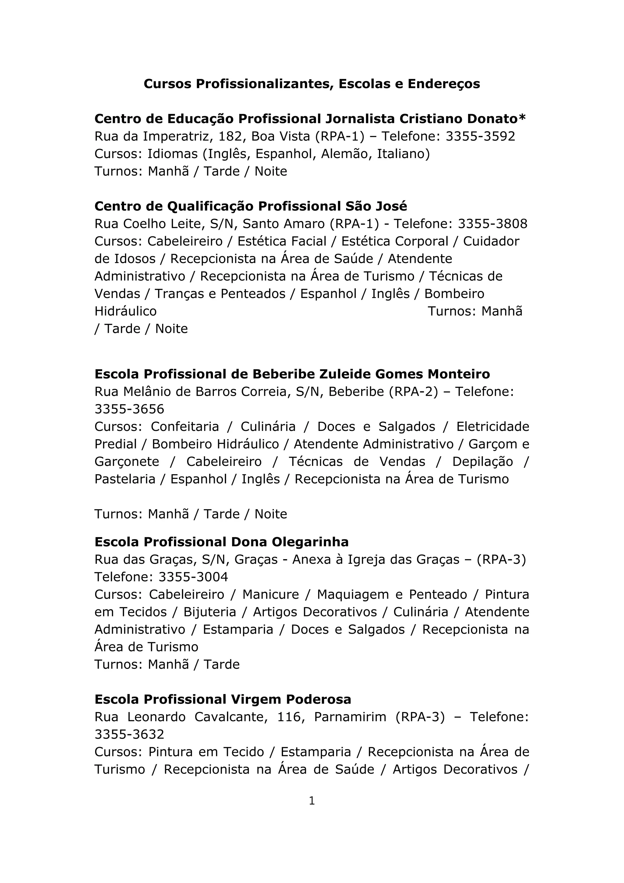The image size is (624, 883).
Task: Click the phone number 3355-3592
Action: pyautogui.click(x=480, y=137)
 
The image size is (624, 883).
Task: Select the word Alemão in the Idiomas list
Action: pyautogui.click(x=347, y=154)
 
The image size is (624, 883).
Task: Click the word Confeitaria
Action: pyautogui.click(x=185, y=427)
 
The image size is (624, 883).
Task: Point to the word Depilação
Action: pyautogui.click(x=482, y=462)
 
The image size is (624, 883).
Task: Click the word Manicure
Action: pyautogui.click(x=270, y=594)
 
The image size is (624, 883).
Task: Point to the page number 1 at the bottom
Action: pyautogui.click(x=312, y=801)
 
